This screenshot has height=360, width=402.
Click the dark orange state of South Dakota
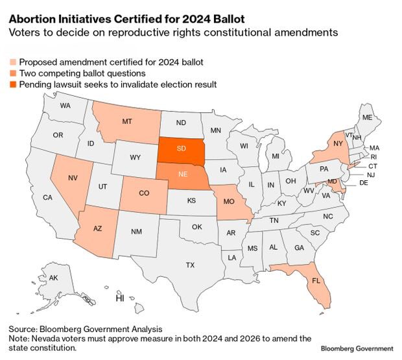pos(182,149)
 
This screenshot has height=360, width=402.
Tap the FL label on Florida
pos(316,281)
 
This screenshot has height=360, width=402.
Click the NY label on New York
pos(338,144)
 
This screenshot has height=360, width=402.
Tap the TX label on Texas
pos(190,265)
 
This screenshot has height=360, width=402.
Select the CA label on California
pos(47,197)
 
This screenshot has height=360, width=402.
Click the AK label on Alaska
pos(54,278)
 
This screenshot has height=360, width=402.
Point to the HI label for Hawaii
pos(119,299)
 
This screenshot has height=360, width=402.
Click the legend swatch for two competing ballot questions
pos(13,73)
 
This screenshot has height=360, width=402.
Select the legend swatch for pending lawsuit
pos(13,84)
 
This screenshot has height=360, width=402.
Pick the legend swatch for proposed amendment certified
pos(13,62)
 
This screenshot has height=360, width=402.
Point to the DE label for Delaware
pos(363,184)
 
